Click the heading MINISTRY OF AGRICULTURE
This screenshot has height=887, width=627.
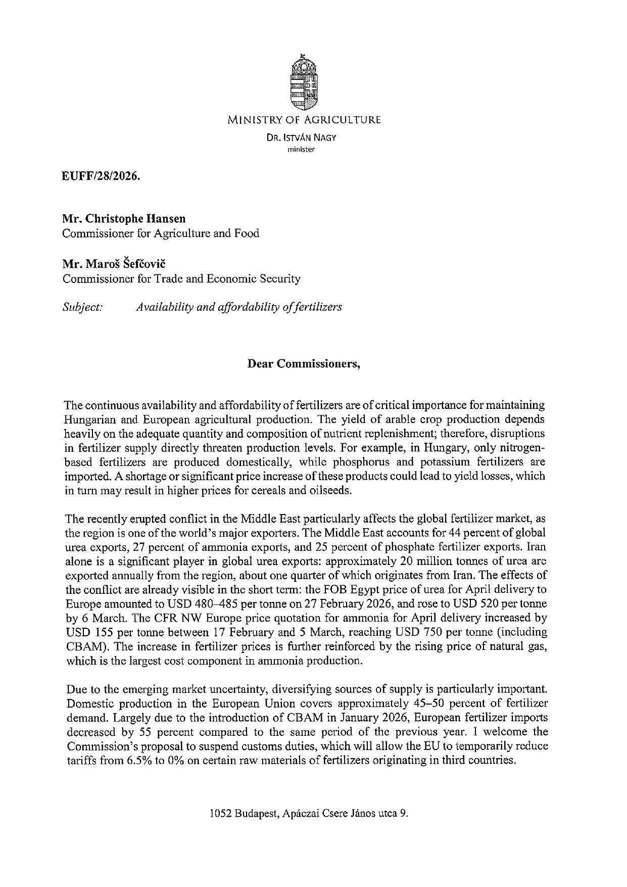tap(304, 120)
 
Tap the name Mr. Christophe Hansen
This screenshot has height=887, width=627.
tap(124, 218)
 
